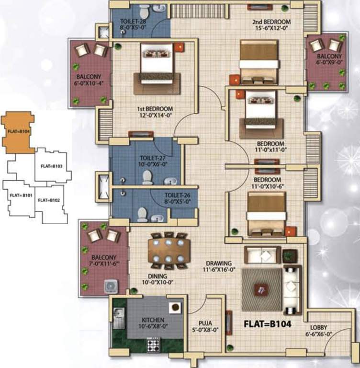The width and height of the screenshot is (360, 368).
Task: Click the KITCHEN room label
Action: coord(153,320)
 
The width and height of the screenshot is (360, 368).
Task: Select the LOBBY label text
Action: coord(319,328)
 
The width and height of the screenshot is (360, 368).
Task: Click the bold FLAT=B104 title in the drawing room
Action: coord(268,323)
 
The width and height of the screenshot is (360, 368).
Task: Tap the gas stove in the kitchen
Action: coord(153,345)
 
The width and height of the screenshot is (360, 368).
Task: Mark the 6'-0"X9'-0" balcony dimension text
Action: coord(329,62)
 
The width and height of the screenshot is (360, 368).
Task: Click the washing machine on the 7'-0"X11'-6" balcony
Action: coord(111,286)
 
